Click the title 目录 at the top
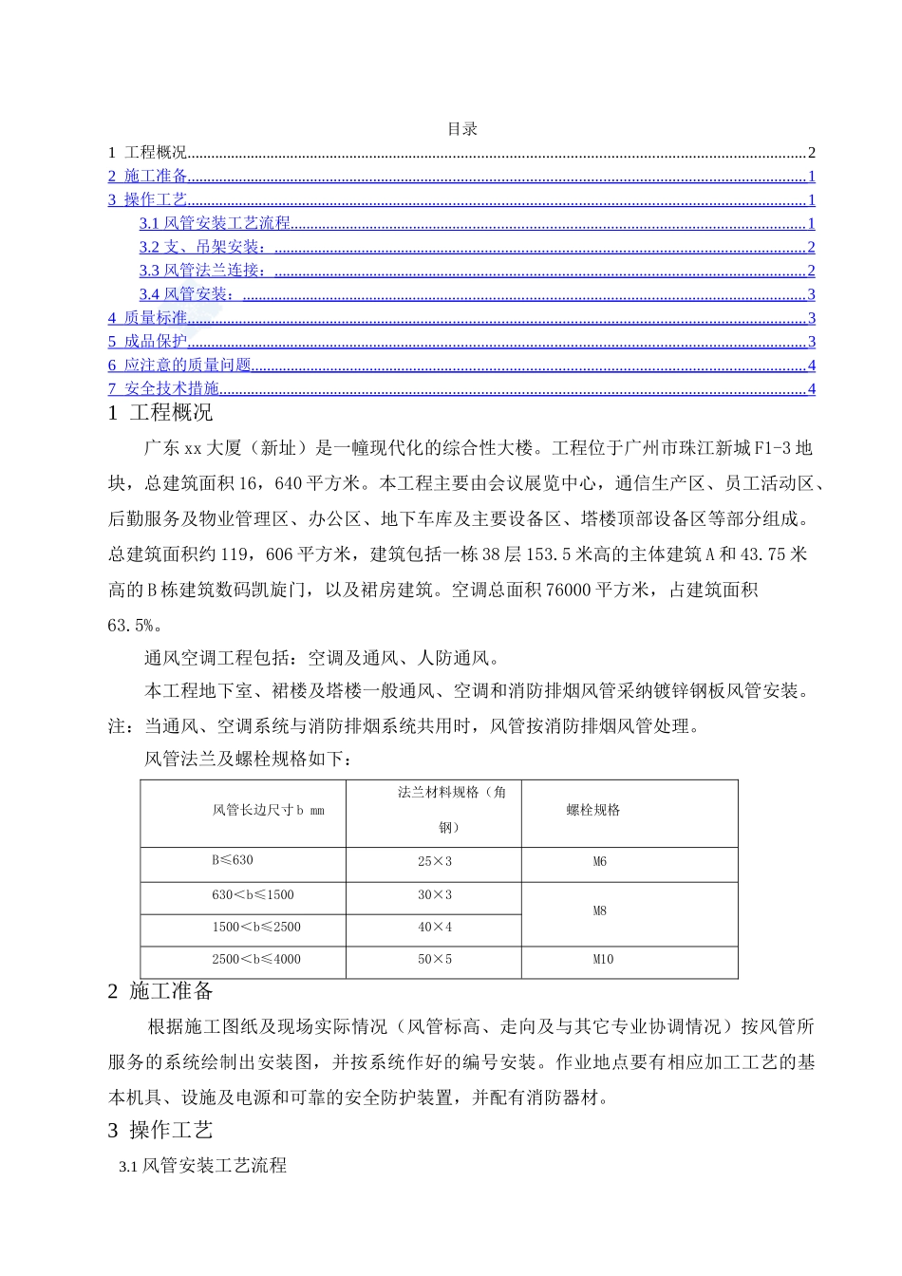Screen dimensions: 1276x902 pyautogui.click(x=462, y=129)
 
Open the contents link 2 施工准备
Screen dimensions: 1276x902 pyautogui.click(x=148, y=176)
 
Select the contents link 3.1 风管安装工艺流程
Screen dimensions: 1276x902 pyautogui.click(x=215, y=223)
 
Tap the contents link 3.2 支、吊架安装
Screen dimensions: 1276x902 pyautogui.click(x=202, y=247)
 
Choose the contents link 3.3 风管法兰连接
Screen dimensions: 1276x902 pyautogui.click(x=202, y=271)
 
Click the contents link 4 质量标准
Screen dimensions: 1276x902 pyautogui.click(x=148, y=318)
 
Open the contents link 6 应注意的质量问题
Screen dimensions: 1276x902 pyautogui.click(x=179, y=366)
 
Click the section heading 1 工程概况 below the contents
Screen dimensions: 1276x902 pyautogui.click(x=160, y=413)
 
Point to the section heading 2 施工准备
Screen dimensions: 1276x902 pyautogui.click(x=160, y=991)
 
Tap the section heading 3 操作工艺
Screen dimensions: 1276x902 pyautogui.click(x=160, y=1130)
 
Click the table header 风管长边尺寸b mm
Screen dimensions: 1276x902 pyautogui.click(x=268, y=811)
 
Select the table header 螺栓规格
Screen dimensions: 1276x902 pyautogui.click(x=593, y=810)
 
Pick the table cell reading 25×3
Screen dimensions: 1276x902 pyautogui.click(x=435, y=862)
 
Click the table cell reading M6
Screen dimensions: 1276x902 pyautogui.click(x=600, y=862)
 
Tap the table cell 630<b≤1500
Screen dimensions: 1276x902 pyautogui.click(x=253, y=895)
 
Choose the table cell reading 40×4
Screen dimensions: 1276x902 pyautogui.click(x=435, y=928)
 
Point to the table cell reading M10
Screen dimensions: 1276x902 pyautogui.click(x=603, y=960)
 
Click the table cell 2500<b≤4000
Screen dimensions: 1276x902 pyautogui.click(x=256, y=960)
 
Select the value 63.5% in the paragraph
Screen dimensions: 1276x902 pyautogui.click(x=135, y=626)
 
